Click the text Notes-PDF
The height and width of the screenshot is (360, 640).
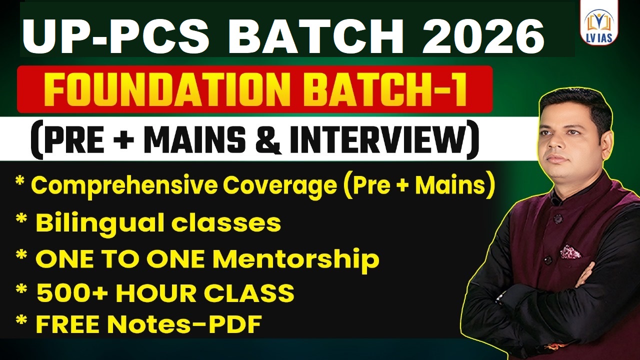click(183, 325)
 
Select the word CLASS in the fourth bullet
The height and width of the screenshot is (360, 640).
click(255, 293)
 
